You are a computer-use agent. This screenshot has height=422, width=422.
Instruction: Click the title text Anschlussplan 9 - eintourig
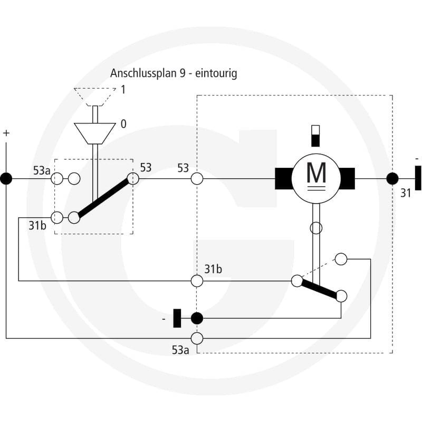click(x=174, y=73)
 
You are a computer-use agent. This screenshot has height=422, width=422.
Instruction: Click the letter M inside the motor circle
click(x=316, y=173)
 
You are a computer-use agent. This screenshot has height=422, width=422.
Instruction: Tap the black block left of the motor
click(x=284, y=178)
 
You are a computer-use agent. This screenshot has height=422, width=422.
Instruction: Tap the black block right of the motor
click(x=347, y=178)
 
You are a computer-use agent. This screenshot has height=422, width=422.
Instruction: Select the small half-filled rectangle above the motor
click(x=315, y=136)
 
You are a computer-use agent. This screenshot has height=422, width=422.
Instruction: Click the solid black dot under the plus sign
click(x=6, y=179)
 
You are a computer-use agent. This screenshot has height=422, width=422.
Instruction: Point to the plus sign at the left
click(x=6, y=133)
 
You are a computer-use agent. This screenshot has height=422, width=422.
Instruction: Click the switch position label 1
click(x=123, y=90)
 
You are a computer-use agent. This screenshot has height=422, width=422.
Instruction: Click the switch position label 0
click(x=123, y=124)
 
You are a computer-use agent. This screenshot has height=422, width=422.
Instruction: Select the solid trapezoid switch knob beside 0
click(x=95, y=133)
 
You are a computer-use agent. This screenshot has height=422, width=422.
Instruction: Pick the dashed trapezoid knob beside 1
click(x=95, y=97)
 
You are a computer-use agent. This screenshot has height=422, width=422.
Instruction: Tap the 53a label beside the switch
click(x=42, y=170)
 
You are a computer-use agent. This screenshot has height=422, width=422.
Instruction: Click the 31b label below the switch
click(x=37, y=226)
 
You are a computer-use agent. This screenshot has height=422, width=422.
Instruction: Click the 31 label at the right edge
click(x=406, y=193)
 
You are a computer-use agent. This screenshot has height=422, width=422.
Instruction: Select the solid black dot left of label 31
click(x=392, y=178)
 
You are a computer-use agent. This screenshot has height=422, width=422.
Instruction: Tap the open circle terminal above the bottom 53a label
click(x=197, y=338)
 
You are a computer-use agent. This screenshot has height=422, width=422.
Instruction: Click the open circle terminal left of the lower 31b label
click(x=197, y=281)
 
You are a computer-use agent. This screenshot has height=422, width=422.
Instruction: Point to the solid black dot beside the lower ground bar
click(x=197, y=319)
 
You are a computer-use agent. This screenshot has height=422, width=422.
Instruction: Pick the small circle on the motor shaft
click(x=316, y=228)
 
